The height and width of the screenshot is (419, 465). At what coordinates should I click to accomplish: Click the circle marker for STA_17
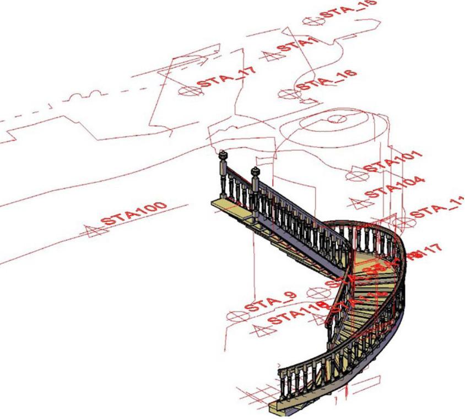coord(186,92)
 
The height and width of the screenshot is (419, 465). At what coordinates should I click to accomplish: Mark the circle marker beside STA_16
coord(288,94)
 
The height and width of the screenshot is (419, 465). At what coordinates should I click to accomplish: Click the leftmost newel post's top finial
coord(222,154)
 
